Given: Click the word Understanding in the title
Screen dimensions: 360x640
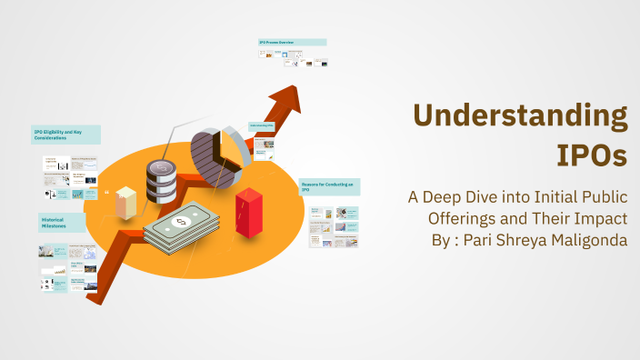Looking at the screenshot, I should point(520,116).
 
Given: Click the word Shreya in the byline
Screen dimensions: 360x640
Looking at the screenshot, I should point(526,241).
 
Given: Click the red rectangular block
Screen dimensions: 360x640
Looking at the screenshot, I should point(248,211).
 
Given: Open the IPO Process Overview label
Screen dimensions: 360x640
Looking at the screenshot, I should point(292,42).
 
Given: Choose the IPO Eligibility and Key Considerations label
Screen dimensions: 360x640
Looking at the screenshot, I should point(65,135).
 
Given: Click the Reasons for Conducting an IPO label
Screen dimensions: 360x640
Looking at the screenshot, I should point(330,186).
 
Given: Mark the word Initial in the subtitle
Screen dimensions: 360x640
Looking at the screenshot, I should point(551,197).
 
